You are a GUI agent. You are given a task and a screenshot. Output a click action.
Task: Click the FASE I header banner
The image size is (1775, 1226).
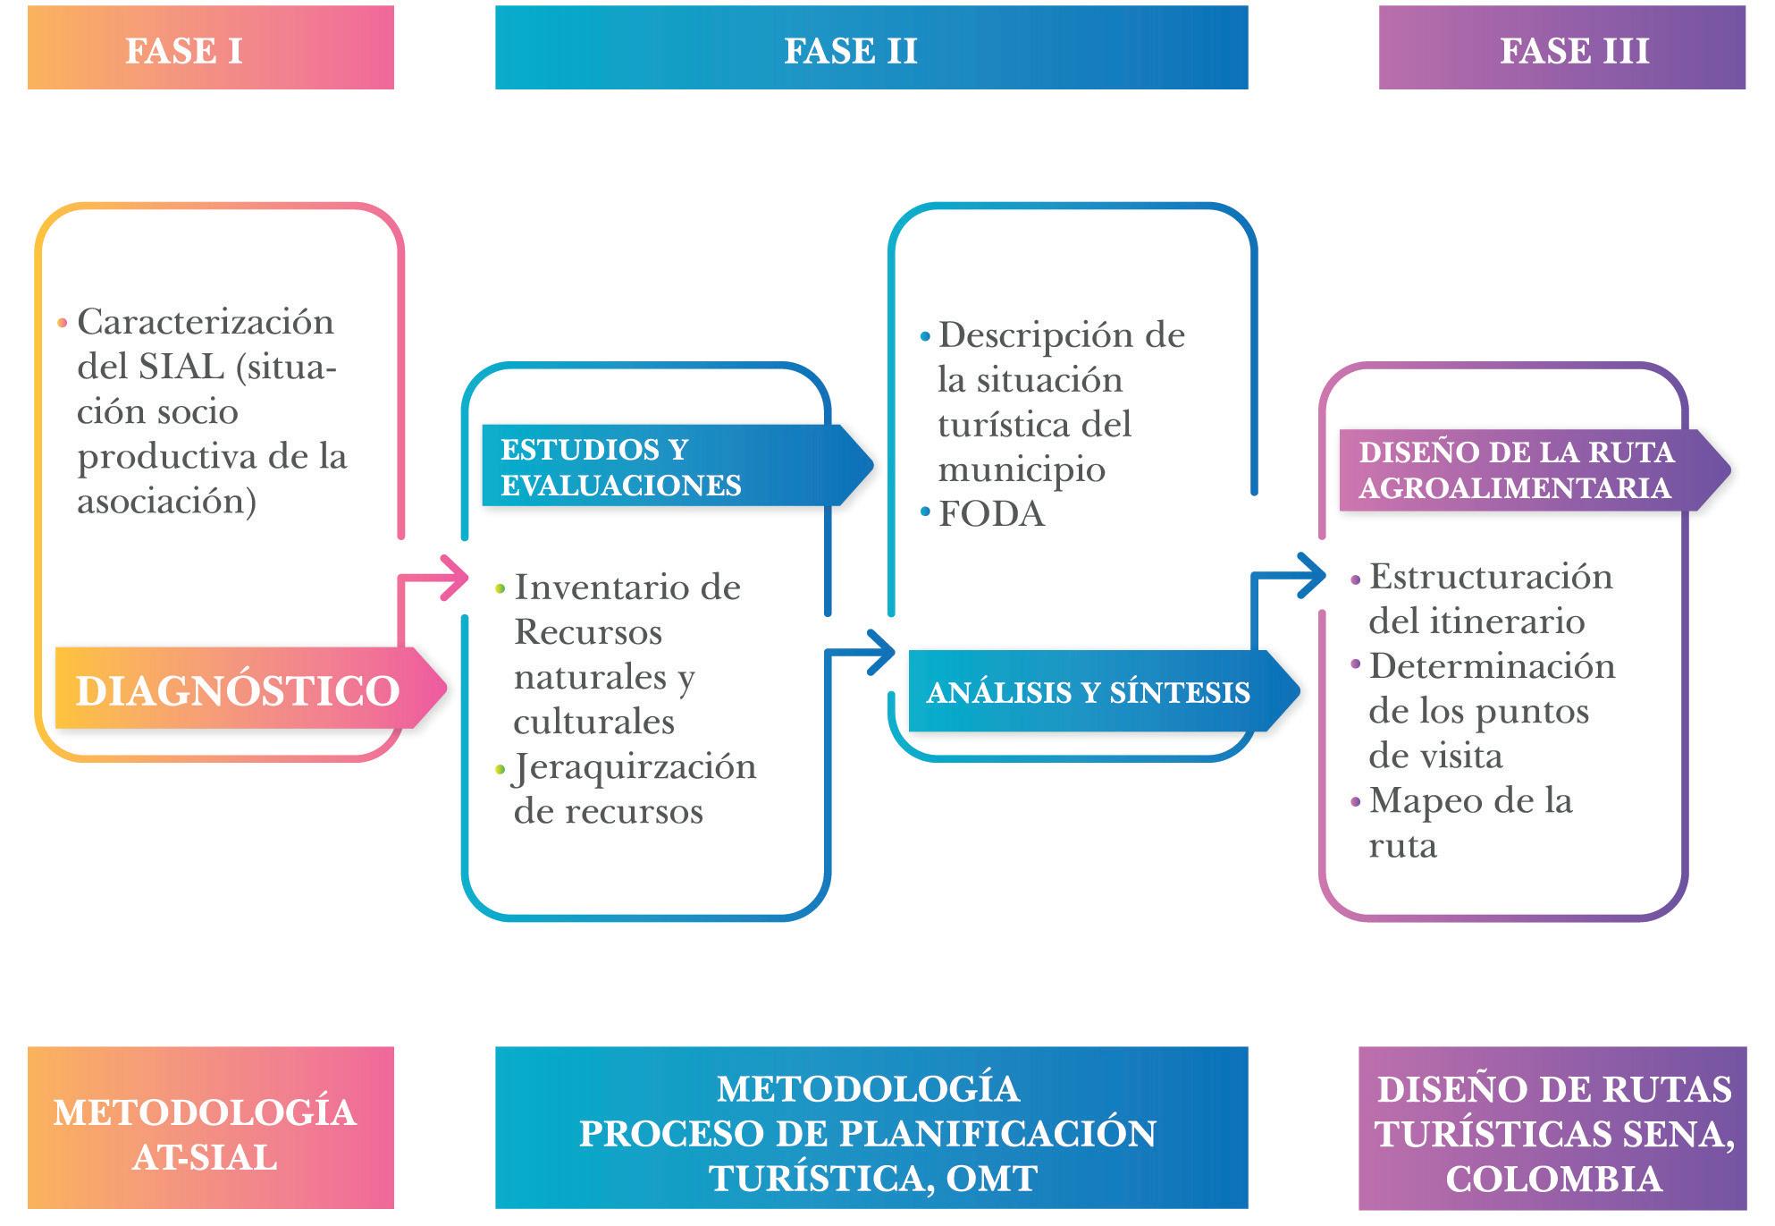tap(210, 48)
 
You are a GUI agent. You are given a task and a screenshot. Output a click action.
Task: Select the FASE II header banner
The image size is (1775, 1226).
tap(871, 48)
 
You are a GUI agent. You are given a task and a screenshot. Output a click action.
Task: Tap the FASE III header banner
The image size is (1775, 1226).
tap(1560, 48)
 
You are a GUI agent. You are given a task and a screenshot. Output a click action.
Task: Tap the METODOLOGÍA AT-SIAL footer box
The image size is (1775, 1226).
tap(210, 1134)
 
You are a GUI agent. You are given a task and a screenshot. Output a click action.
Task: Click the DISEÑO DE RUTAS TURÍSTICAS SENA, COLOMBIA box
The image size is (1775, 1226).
tap(1552, 1134)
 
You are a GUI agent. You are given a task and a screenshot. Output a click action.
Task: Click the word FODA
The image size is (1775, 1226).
tap(991, 514)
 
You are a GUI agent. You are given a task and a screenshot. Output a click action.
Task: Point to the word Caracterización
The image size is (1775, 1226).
tap(206, 322)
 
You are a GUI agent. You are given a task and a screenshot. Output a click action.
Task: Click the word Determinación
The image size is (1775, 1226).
tap(1492, 667)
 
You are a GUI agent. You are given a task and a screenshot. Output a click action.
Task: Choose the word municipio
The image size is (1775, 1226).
tap(1021, 470)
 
